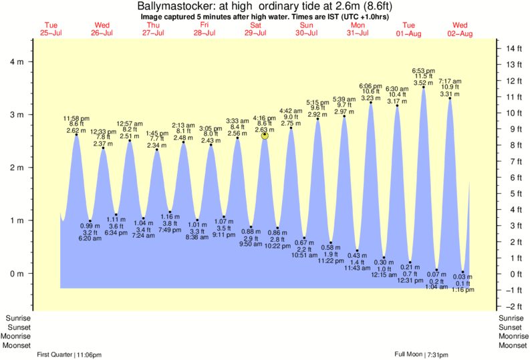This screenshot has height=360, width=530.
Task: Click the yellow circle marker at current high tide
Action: [x=265, y=136]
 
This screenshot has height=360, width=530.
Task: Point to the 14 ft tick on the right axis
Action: [x=513, y=49]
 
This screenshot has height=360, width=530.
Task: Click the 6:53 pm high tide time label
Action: [x=424, y=70]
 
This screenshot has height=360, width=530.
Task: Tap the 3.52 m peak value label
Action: [x=424, y=83]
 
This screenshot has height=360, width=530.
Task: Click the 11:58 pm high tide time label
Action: [x=76, y=118]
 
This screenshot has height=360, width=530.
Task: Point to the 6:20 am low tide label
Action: [x=90, y=238]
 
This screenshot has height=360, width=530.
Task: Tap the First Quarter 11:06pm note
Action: [x=69, y=353]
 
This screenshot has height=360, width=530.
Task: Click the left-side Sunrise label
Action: [x=19, y=318]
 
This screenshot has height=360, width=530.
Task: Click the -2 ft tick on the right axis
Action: [x=513, y=306]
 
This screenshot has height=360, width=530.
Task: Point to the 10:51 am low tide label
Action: [x=303, y=254]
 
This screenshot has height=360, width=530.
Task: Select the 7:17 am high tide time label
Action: [x=450, y=81]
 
